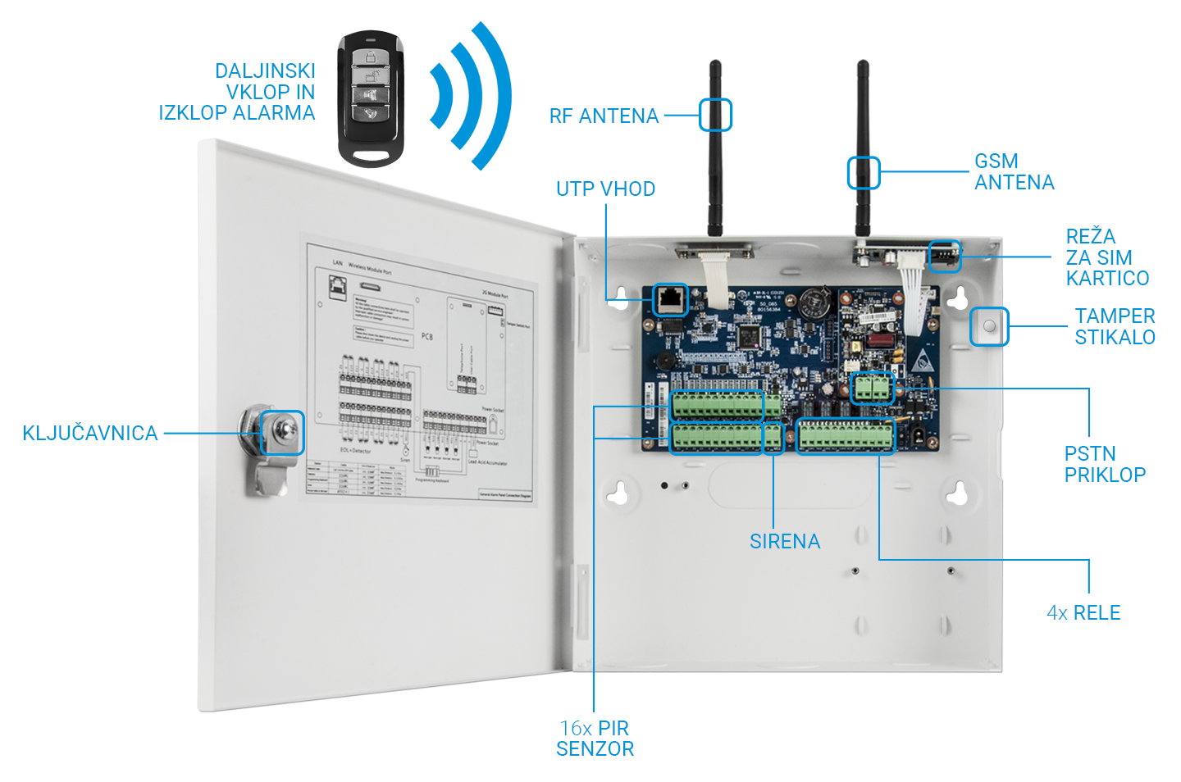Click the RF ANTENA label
(604, 116)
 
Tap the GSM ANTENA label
(1014, 172)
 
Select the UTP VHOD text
(605, 189)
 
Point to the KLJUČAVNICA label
(90, 434)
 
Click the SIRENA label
(784, 542)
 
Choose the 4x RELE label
(1083, 613)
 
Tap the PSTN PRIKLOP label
(1104, 465)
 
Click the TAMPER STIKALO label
(1115, 327)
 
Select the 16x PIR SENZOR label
(595, 739)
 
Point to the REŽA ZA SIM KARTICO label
(1106, 257)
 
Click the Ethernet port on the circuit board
(671, 300)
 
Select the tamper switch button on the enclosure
(988, 326)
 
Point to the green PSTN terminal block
(871, 388)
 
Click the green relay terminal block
(846, 436)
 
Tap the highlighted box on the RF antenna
(715, 115)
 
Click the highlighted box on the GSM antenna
(863, 173)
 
